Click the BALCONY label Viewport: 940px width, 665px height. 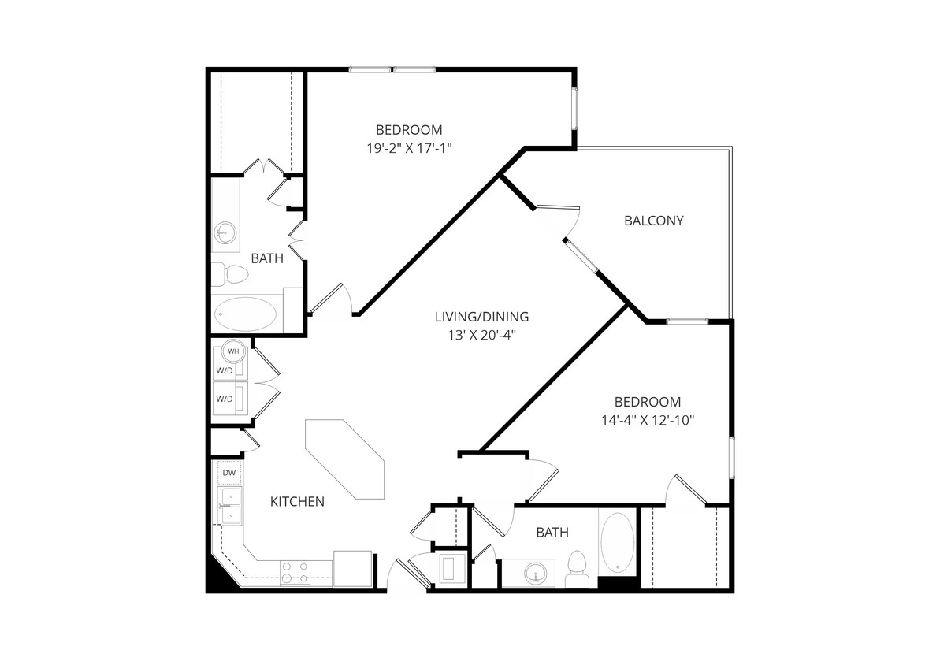[x=653, y=221]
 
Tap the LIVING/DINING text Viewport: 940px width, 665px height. [x=481, y=317]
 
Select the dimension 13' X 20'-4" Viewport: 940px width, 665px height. [x=481, y=335]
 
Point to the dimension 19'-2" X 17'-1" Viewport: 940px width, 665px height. [x=409, y=147]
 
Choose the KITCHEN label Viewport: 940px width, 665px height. [x=297, y=502]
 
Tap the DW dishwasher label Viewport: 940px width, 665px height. [x=229, y=473]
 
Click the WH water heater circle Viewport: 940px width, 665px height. [x=233, y=351]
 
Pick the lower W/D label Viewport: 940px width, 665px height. [x=225, y=399]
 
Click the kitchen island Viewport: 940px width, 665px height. [x=346, y=459]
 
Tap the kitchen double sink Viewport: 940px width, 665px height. [x=230, y=506]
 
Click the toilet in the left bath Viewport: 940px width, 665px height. [x=231, y=274]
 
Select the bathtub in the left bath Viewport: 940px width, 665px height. [x=247, y=314]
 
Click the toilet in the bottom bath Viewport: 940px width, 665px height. [x=578, y=568]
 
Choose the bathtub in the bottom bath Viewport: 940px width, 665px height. [x=616, y=544]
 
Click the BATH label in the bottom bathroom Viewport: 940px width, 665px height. [x=552, y=533]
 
